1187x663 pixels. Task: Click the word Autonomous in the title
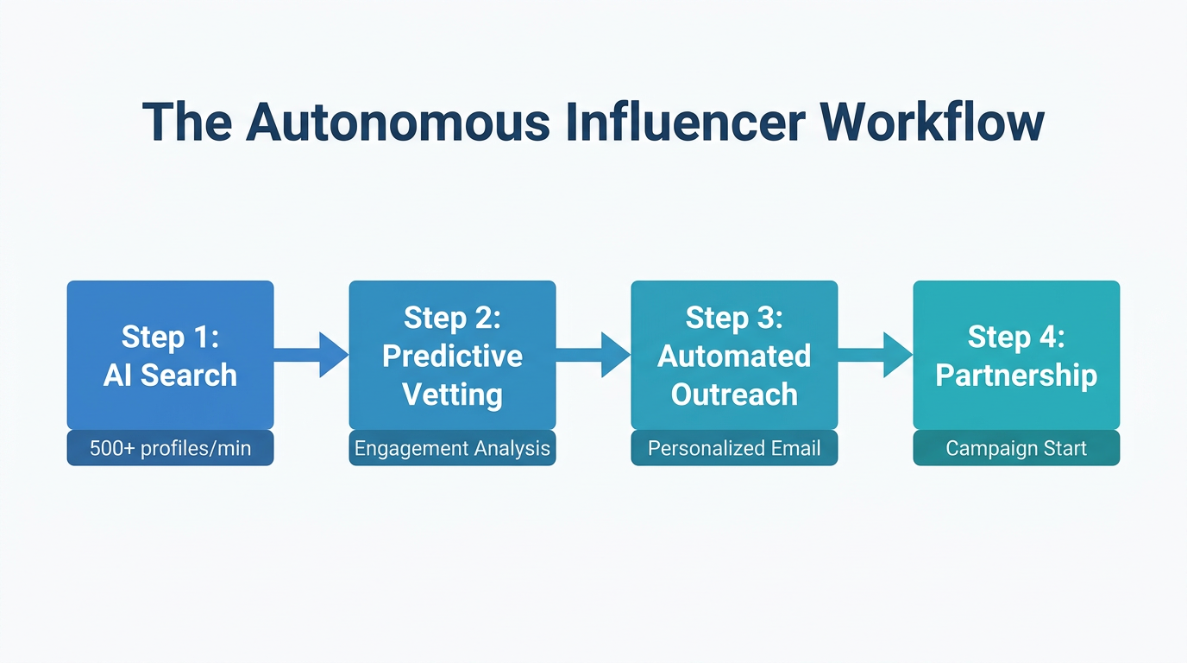point(398,122)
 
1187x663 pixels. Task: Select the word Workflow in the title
point(933,122)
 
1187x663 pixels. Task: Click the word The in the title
point(186,122)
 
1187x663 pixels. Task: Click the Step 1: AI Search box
point(170,355)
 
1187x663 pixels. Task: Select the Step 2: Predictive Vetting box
point(452,355)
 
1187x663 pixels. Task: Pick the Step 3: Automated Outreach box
point(734,355)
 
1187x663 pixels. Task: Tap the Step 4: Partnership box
point(1016,355)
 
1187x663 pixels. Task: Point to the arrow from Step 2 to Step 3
point(593,355)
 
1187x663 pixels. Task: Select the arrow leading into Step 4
point(876,355)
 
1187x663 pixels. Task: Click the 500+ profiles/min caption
point(170,449)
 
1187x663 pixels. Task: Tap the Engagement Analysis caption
point(452,449)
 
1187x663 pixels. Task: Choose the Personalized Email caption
point(734,449)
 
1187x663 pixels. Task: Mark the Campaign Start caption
point(1016,449)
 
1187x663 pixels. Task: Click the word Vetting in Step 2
point(452,395)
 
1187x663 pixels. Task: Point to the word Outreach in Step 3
point(734,395)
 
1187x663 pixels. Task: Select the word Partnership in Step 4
point(1016,376)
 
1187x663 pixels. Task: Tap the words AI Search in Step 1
point(170,376)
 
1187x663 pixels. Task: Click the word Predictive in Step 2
point(452,356)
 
